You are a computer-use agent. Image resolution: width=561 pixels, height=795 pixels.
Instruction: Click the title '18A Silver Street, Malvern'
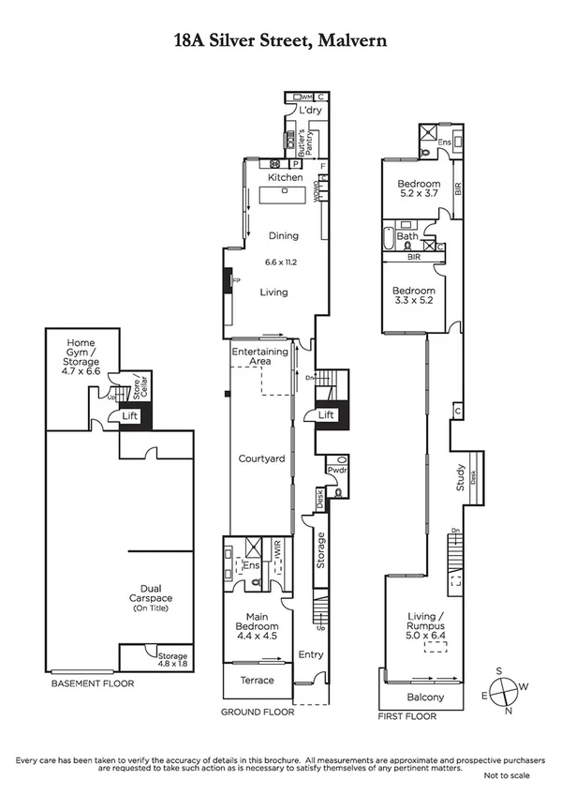(x=280, y=40)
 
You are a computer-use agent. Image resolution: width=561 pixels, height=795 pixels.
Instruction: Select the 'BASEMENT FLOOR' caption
(x=92, y=683)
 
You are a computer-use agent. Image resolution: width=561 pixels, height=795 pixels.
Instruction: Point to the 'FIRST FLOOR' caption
(x=407, y=714)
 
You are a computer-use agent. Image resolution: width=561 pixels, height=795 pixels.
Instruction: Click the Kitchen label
(x=286, y=177)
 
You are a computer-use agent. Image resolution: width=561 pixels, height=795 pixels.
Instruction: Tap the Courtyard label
(x=261, y=458)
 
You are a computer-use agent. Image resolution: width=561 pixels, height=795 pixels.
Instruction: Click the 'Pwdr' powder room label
(x=336, y=471)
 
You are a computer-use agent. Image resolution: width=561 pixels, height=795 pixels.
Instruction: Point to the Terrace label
(x=258, y=680)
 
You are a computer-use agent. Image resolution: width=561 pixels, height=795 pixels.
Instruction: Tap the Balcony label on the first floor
(x=425, y=697)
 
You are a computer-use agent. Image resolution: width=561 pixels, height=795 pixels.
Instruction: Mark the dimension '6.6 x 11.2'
(x=278, y=262)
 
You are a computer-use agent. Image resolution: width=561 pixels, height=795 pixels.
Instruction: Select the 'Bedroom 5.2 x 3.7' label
(x=418, y=188)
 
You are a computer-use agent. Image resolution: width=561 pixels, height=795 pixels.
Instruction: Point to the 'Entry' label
(x=310, y=654)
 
